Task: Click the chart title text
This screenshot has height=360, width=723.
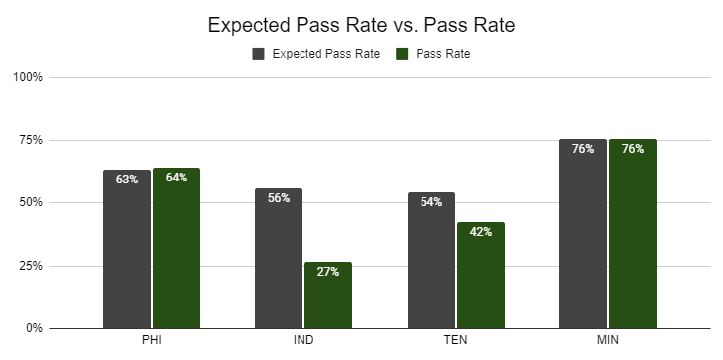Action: click(361, 25)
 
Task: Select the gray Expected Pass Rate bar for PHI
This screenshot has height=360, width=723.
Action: click(127, 249)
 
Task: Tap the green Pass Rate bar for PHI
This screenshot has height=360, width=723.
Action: click(177, 248)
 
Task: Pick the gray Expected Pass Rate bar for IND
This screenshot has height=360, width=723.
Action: click(279, 259)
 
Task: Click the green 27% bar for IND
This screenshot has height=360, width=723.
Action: click(328, 296)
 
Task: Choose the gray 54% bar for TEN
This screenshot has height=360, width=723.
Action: click(431, 261)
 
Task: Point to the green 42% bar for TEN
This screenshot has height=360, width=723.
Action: click(481, 276)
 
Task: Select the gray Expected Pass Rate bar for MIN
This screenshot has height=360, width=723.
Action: click(583, 234)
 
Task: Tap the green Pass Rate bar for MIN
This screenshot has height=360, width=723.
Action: click(633, 234)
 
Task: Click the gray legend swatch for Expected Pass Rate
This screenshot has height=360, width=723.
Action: click(258, 54)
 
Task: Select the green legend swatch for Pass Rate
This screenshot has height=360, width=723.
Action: click(402, 54)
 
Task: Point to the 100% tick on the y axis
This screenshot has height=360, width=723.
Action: click(28, 77)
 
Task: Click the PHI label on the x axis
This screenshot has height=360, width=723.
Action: click(152, 340)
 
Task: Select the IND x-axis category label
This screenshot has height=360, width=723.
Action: click(303, 340)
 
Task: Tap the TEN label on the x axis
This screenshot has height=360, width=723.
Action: click(455, 340)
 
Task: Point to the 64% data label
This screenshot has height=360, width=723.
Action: click(177, 178)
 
